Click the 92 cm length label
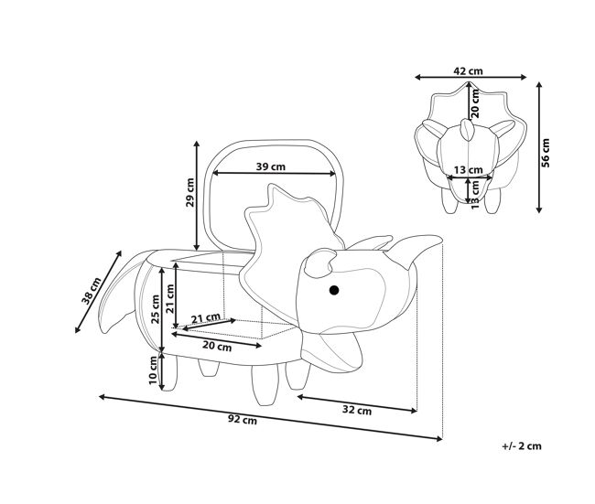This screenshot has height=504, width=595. tap(242, 420)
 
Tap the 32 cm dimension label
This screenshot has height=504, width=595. tap(357, 410)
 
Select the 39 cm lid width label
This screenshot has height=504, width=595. tap(271, 166)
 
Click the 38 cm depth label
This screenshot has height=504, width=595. tap(92, 291)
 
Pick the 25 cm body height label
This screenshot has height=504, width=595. tap(156, 309)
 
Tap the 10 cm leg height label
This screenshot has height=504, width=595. tap(153, 370)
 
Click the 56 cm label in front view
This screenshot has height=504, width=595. tap(545, 153)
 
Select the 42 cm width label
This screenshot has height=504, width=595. tap(469, 71)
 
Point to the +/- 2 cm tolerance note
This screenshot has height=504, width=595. tap(522, 446)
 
